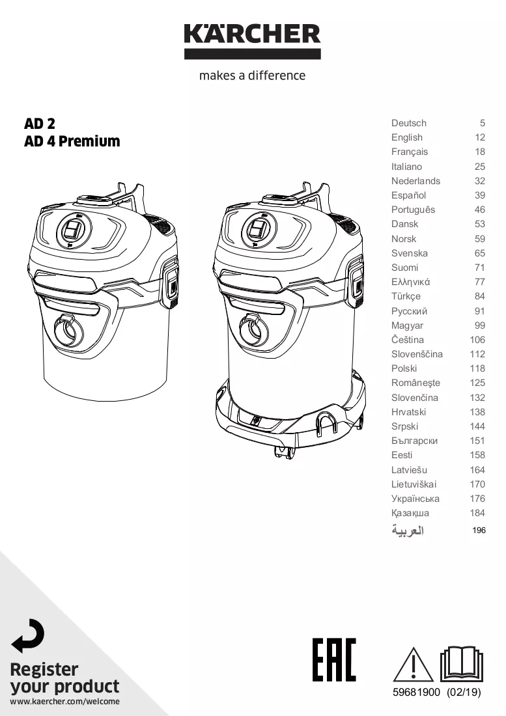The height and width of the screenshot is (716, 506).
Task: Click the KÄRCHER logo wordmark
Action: click(x=253, y=34)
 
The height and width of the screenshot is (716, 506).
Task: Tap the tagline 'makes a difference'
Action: click(x=253, y=76)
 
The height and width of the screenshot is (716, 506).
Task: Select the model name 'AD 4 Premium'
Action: click(x=72, y=141)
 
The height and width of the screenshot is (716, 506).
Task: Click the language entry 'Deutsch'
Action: click(x=409, y=123)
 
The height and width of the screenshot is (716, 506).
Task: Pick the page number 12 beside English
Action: click(x=479, y=137)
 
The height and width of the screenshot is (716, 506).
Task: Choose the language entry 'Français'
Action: click(x=410, y=152)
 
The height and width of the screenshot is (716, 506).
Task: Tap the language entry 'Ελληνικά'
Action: click(x=410, y=282)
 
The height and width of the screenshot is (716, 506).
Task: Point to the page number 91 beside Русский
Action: click(x=479, y=311)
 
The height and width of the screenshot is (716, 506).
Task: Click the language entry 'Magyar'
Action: click(x=408, y=325)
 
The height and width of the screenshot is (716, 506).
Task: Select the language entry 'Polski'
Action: click(x=404, y=368)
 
